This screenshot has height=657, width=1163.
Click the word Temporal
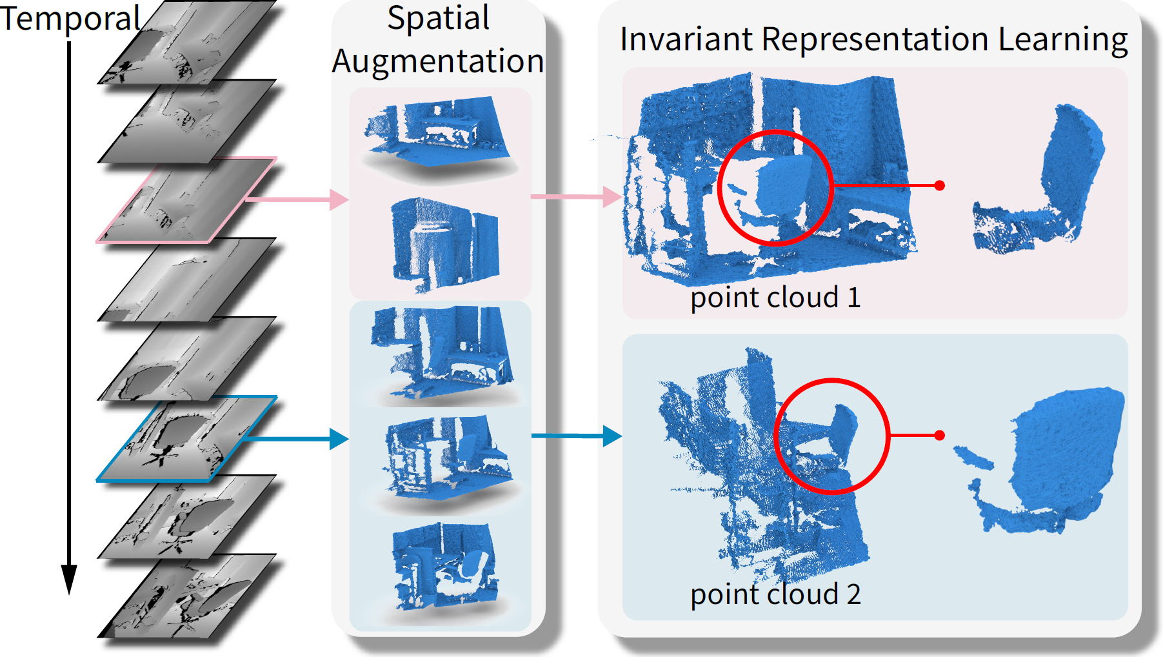(70, 19)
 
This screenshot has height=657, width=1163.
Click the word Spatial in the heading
(438, 18)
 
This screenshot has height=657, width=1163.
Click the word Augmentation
(438, 62)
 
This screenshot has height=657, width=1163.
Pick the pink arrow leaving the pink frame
(297, 199)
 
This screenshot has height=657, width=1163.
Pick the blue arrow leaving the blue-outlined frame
(297, 439)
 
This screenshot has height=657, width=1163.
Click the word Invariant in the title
(686, 39)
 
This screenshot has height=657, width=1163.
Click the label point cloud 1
(775, 298)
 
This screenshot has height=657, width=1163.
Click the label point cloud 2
(775, 594)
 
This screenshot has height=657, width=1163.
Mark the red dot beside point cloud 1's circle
(940, 185)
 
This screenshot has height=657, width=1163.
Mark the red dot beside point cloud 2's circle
(940, 436)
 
